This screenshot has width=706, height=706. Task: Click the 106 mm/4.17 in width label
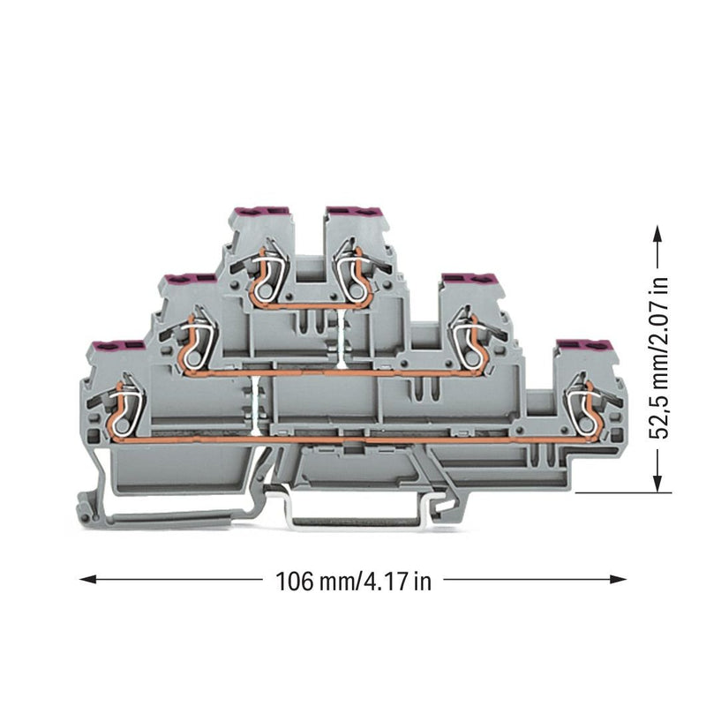[353, 582]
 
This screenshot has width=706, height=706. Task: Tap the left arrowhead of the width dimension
[87, 579]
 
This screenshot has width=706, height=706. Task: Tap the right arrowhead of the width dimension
[618, 579]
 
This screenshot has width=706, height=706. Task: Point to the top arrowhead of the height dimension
[657, 235]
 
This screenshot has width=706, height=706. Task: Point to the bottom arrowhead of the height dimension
[657, 482]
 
